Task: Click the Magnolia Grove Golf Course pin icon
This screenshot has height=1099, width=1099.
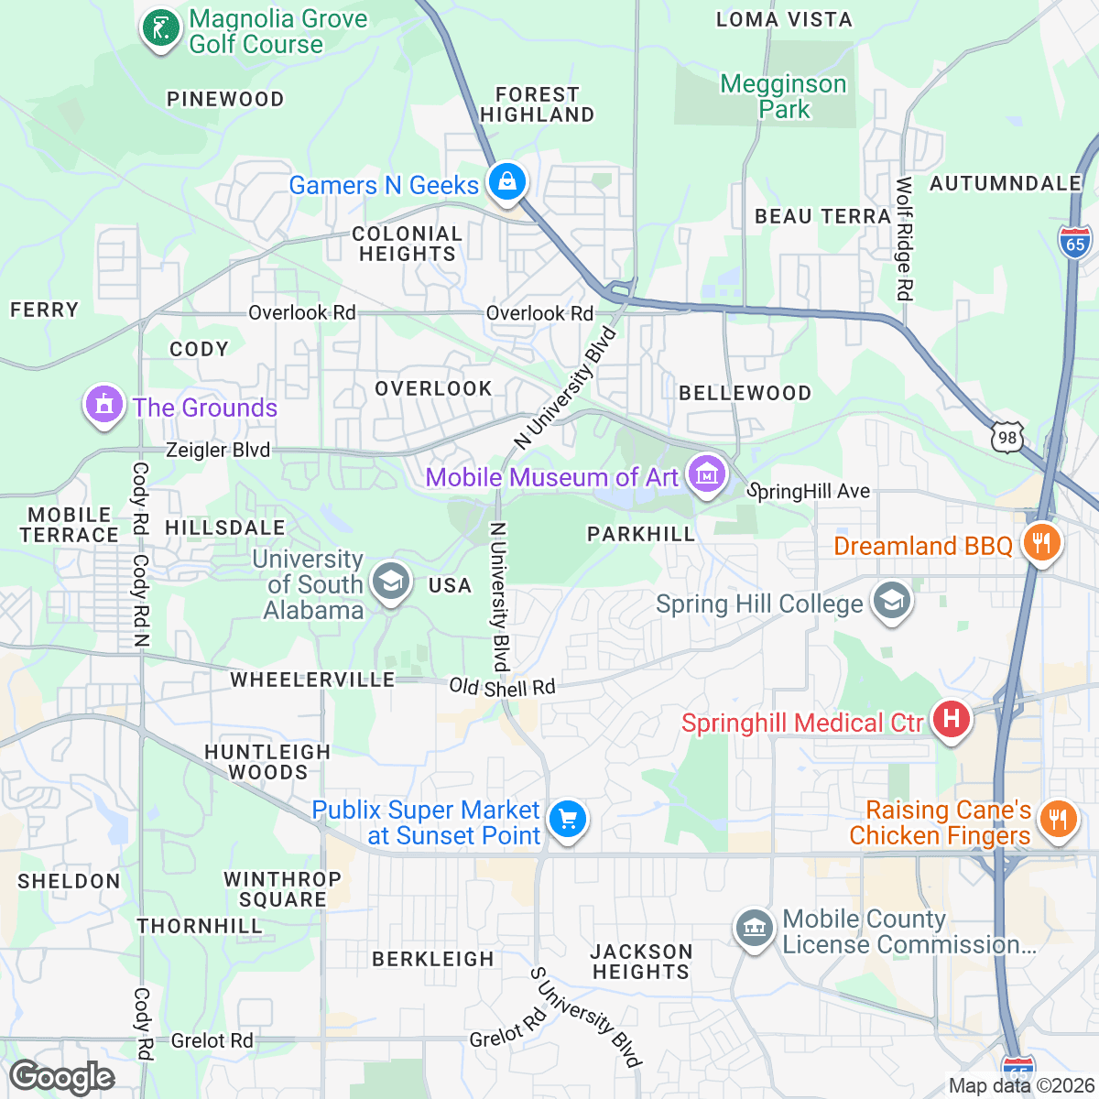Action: [161, 29]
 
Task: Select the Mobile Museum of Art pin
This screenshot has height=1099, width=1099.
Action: [706, 474]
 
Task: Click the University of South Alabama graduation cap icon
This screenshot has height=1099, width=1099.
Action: [391, 581]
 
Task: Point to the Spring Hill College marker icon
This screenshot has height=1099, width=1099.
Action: [891, 601]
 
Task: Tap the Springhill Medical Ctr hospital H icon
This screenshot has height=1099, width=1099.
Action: [952, 720]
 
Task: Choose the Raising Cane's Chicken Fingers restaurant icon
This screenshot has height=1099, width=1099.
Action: [1058, 818]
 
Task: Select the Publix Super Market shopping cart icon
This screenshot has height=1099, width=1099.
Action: [567, 818]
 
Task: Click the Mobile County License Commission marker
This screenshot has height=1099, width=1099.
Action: [754, 929]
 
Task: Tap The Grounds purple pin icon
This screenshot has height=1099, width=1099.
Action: [103, 404]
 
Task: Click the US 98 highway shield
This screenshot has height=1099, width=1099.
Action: [1007, 437]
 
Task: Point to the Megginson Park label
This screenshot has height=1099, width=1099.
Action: [783, 96]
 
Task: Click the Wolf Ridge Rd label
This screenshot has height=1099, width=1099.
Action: [904, 238]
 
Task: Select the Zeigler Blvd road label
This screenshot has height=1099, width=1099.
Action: [218, 450]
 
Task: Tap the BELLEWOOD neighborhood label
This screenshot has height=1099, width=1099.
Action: [745, 393]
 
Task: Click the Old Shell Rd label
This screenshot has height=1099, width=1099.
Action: [502, 687]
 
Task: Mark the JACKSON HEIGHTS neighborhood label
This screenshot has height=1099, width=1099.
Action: [641, 962]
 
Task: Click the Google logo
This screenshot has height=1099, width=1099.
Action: [61, 1077]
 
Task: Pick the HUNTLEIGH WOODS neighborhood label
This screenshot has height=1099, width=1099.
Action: [267, 762]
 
